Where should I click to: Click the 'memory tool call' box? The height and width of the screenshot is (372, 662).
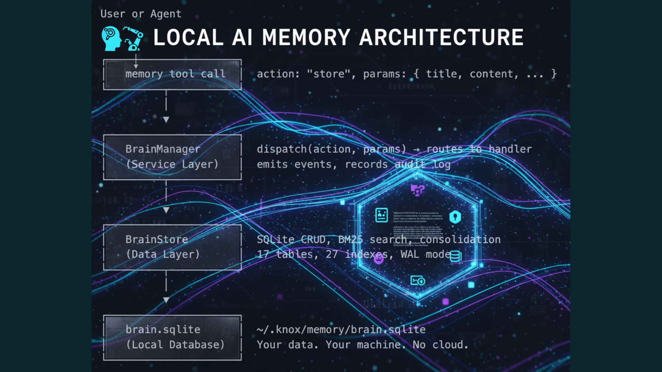[172, 74]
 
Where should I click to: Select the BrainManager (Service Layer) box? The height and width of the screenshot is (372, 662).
[172, 157]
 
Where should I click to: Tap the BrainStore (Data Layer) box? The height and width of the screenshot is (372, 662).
[172, 247]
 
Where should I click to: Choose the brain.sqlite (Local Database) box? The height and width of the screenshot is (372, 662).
[172, 338]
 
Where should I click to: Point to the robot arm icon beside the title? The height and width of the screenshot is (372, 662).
[133, 39]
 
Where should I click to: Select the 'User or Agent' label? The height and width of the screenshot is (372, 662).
[141, 14]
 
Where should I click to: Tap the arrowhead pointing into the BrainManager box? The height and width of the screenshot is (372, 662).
[166, 120]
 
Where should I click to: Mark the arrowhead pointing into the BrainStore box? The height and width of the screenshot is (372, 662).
[166, 210]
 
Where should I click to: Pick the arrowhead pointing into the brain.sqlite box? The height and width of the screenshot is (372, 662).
[166, 300]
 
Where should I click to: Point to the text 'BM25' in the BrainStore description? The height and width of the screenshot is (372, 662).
[350, 239]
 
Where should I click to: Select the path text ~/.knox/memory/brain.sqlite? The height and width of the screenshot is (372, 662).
[341, 330]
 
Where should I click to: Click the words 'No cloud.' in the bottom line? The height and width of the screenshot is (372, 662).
[440, 345]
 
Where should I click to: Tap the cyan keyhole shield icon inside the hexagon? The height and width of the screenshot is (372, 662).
[455, 217]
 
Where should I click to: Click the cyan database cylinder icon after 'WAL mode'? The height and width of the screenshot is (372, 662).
[455, 257]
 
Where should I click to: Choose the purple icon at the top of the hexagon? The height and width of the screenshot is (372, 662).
[418, 190]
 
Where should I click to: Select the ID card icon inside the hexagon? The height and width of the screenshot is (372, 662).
[381, 215]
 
